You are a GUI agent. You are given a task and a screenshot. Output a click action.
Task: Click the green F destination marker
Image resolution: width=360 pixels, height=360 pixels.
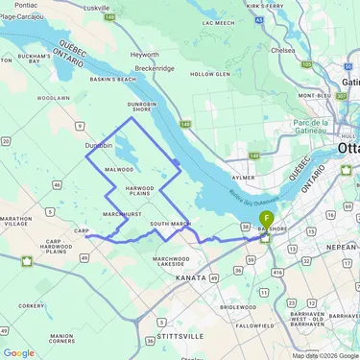pos(266,220)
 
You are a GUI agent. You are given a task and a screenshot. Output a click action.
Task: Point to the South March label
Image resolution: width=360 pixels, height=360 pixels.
pos(170,224)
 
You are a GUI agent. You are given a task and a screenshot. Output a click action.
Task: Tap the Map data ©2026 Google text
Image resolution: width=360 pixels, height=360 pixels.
pos(324,355)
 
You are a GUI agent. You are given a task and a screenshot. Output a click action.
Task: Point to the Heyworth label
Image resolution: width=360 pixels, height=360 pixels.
pos(144,55)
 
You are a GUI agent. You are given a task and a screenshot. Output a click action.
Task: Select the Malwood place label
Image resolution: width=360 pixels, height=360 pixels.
pos(119,169)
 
